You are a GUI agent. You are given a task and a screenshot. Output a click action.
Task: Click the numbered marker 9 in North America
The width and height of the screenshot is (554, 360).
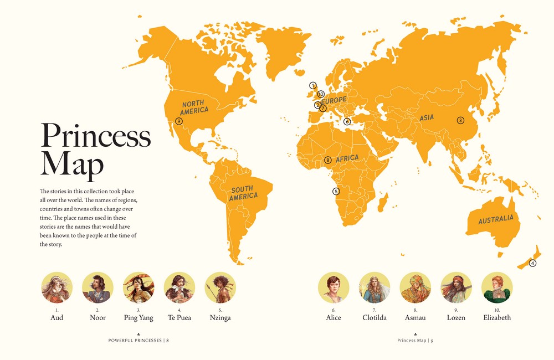coord(178,121)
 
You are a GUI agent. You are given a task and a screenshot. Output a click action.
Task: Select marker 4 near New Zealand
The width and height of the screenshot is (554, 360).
coord(533,263)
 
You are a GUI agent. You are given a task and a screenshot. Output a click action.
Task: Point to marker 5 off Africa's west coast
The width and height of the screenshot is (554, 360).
coord(336,191)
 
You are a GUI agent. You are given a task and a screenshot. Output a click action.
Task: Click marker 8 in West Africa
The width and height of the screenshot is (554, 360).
coord(328,160)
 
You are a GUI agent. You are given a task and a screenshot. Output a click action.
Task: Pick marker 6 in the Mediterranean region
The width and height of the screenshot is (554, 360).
coord(347,121)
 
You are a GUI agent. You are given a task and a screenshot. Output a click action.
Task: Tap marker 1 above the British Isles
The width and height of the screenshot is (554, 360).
coord(313,85)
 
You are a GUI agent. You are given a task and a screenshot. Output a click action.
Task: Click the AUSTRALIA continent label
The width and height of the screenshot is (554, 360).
coord(496,219)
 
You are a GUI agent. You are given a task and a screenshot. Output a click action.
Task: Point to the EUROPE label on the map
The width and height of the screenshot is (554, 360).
coord(334,100)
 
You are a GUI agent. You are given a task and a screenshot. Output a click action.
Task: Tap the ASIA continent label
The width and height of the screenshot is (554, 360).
coord(427,117)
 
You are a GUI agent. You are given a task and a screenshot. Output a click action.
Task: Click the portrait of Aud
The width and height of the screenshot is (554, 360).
coord(57,287)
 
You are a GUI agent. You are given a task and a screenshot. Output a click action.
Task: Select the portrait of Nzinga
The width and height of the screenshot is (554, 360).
coord(220,287)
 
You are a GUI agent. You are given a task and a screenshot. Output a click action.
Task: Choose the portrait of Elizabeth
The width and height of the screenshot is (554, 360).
coord(497,287)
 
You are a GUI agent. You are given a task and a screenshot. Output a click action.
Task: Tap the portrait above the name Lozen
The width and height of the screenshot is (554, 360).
coord(456,287)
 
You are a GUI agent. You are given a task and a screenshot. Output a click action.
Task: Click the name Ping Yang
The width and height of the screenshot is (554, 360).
coord(138,318)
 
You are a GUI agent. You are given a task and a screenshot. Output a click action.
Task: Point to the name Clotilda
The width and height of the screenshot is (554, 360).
coord(374,318)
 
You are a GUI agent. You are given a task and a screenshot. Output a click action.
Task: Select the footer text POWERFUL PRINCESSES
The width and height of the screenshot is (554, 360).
coord(135,340)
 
